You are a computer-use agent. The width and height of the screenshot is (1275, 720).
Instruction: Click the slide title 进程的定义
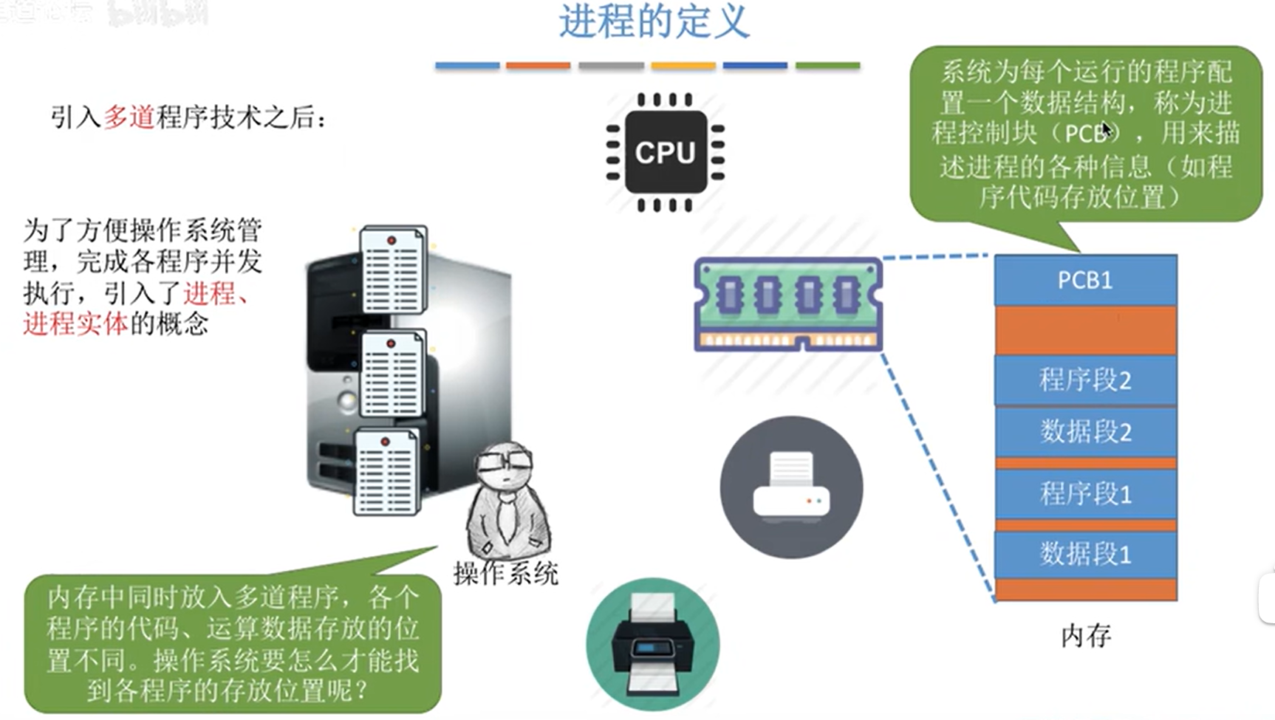(x=654, y=21)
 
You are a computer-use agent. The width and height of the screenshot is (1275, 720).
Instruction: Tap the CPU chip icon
(x=665, y=152)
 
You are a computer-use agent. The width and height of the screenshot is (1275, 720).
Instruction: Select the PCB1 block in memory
(x=1084, y=280)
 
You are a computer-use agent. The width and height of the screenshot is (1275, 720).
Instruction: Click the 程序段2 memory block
(x=1084, y=380)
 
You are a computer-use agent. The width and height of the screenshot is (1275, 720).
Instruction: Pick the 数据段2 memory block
(x=1084, y=431)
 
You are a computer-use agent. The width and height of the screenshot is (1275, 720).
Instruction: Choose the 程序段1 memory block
(x=1084, y=493)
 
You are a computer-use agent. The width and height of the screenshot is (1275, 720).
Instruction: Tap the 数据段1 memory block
(x=1084, y=554)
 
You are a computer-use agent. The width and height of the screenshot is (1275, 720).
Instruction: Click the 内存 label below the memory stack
(x=1085, y=636)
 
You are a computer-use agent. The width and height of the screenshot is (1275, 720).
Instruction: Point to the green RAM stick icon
(x=788, y=303)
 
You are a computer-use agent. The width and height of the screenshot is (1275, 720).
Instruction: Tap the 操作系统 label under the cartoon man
(x=506, y=574)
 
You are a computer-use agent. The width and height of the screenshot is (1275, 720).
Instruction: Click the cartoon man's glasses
(x=504, y=462)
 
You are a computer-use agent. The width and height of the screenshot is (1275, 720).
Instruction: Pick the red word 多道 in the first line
(x=129, y=117)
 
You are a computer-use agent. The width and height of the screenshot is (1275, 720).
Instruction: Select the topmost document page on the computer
(x=393, y=270)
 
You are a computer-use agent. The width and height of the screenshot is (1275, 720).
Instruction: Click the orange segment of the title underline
(x=538, y=66)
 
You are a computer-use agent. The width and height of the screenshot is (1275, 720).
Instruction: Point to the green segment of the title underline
(x=827, y=66)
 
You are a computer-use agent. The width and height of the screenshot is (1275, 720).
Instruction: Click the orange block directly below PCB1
(x=1084, y=330)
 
